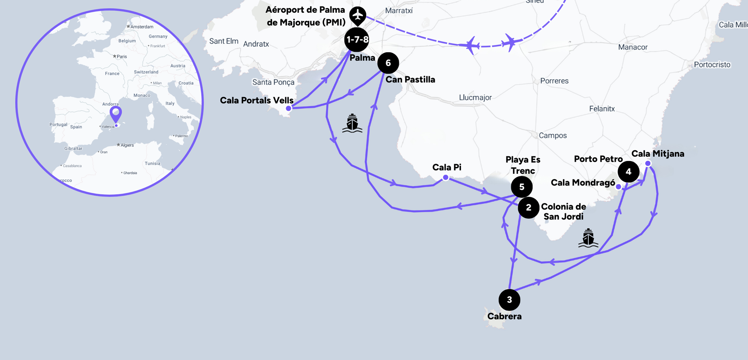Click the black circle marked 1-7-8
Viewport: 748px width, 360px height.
point(357,39)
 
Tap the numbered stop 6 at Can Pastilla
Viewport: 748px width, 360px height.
point(388,63)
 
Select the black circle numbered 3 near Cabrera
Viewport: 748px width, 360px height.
point(509,300)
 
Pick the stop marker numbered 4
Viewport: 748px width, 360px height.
point(628,172)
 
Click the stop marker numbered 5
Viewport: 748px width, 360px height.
point(522,187)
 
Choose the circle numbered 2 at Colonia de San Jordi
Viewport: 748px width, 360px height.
point(528,208)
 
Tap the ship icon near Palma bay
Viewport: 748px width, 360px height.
point(352,123)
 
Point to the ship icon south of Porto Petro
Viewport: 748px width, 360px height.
point(588,238)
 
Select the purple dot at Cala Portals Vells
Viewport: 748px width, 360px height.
point(289,108)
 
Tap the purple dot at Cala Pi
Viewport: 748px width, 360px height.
point(446,178)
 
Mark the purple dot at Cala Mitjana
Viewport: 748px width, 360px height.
point(648,163)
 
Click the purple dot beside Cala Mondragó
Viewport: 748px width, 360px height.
point(618,187)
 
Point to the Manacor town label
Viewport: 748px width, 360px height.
point(633,47)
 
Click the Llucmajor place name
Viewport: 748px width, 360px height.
point(475,97)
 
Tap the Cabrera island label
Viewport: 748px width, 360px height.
point(504,316)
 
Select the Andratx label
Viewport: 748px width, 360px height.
point(256,44)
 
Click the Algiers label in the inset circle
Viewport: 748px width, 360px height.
point(127,145)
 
